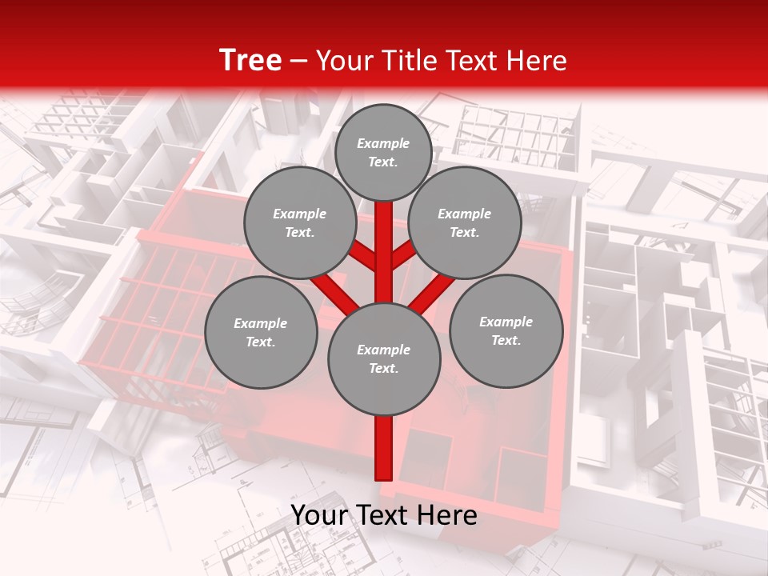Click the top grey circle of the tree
click(x=383, y=152)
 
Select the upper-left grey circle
click(x=299, y=223)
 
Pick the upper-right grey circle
click(x=464, y=223)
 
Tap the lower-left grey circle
click(x=260, y=332)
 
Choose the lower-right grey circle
click(x=506, y=330)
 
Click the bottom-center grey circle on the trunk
click(x=383, y=358)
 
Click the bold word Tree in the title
click(x=250, y=60)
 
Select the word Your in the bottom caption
click(x=319, y=515)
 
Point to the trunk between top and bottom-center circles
click(x=383, y=248)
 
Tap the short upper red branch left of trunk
click(x=365, y=255)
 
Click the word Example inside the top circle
click(x=383, y=144)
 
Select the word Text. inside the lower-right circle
click(x=506, y=340)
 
